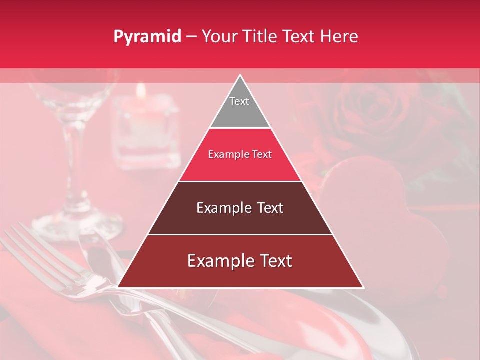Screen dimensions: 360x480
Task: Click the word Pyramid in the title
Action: (x=147, y=36)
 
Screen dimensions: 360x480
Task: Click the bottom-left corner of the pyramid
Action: (x=118, y=287)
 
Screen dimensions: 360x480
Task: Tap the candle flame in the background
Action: (x=141, y=90)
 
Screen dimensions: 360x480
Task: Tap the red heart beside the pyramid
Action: (x=385, y=210)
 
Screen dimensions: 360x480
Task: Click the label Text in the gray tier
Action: (x=239, y=101)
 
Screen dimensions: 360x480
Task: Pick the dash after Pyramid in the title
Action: (x=191, y=36)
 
